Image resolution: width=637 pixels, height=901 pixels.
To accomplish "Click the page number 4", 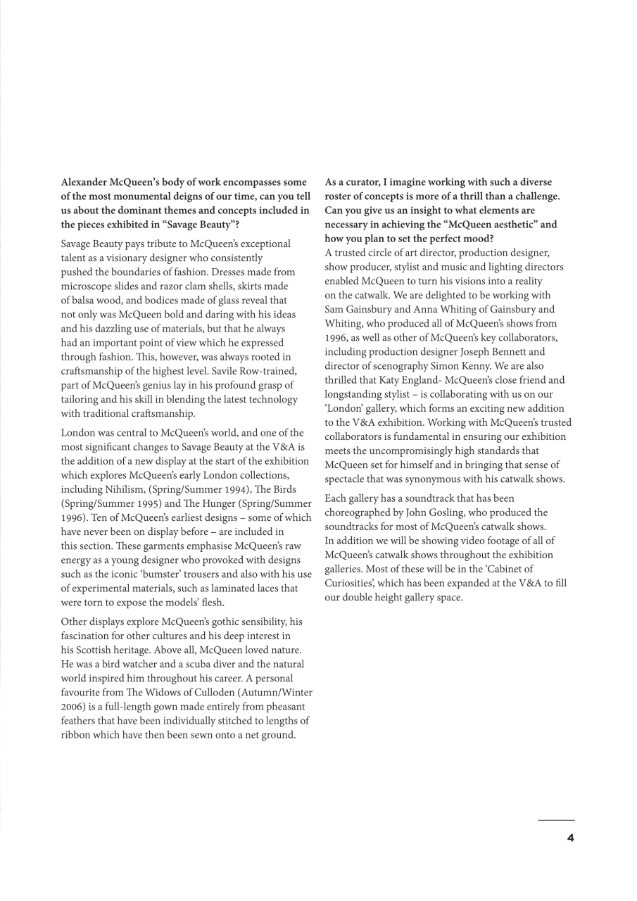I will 571,838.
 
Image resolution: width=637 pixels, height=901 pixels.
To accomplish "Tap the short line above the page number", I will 556,820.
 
